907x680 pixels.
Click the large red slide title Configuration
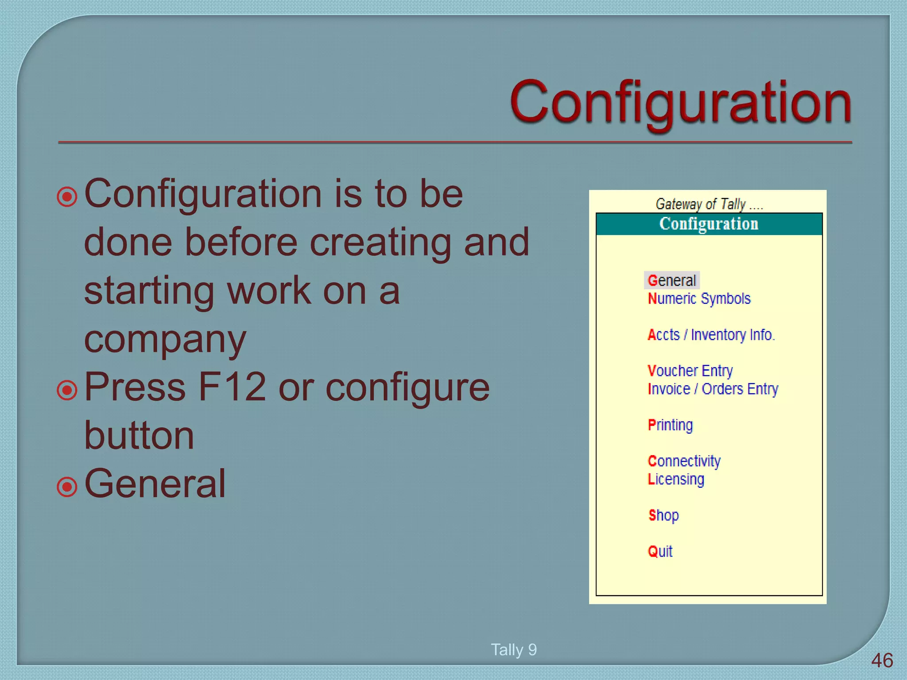click(680, 103)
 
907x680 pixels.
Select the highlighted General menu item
click(671, 281)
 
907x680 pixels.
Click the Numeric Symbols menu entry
click(699, 299)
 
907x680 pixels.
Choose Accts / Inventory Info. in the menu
click(711, 335)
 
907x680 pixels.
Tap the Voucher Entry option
click(690, 371)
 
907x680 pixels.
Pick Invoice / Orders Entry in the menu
click(712, 389)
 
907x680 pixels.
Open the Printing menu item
click(670, 425)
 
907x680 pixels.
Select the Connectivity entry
click(684, 461)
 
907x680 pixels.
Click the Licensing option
click(675, 479)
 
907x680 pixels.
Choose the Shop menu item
click(663, 515)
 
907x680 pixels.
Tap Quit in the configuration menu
click(660, 552)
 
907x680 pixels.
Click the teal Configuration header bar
click(709, 224)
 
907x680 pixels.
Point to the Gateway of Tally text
click(709, 204)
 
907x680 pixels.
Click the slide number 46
click(881, 661)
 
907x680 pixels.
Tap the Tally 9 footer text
click(514, 649)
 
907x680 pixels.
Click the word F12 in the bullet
click(232, 387)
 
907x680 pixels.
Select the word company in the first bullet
click(165, 340)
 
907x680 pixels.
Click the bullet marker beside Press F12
click(67, 390)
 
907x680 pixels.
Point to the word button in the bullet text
click(139, 436)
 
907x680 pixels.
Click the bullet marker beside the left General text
click(67, 487)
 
